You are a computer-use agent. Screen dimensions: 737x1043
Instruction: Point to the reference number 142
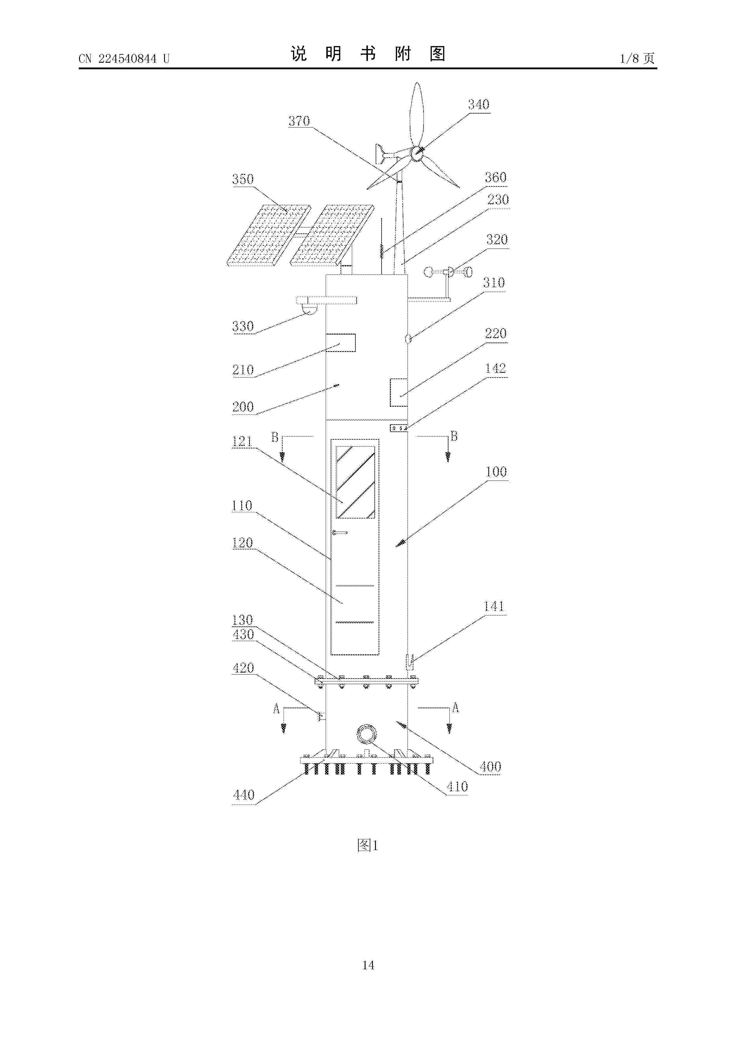495,368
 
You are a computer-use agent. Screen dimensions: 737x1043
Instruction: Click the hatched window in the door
355,482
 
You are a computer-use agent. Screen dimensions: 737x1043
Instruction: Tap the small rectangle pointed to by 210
341,343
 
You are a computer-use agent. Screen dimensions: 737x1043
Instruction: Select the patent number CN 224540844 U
124,59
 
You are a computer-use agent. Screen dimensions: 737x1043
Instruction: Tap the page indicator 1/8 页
637,58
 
